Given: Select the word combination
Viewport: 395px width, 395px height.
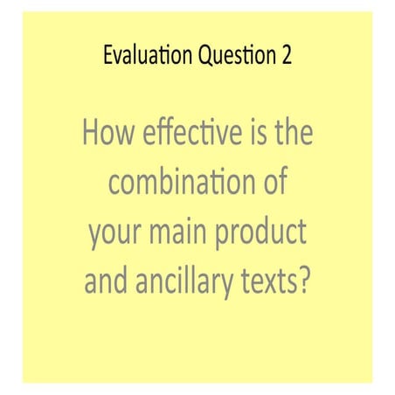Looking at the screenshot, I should click(178, 184).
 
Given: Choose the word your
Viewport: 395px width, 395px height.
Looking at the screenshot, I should click(114, 234).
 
